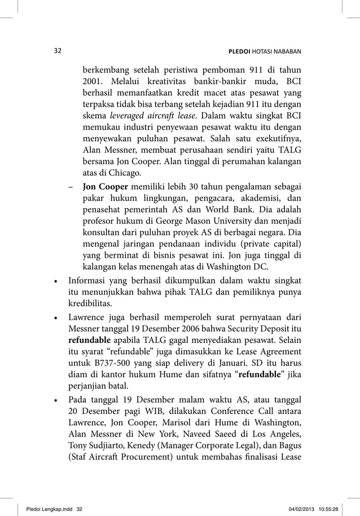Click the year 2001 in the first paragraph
93,83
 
